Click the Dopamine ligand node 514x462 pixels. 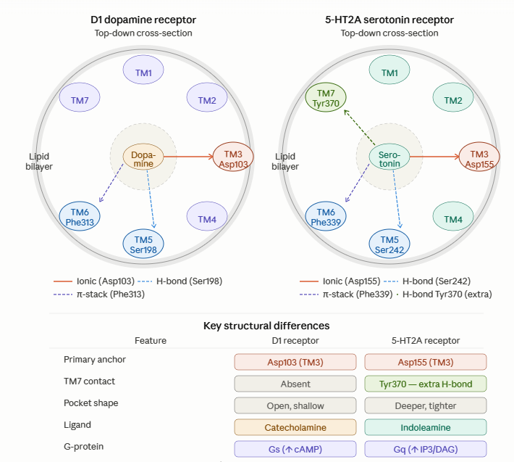click(143, 158)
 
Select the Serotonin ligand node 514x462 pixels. click(389, 158)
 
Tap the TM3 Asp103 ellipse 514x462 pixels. click(233, 158)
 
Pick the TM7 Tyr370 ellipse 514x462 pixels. click(326, 97)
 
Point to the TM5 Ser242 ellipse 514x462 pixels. click(389, 244)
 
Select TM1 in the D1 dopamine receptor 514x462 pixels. click(143, 73)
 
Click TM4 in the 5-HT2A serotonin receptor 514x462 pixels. click(453, 219)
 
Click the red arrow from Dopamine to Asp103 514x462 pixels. click(188, 156)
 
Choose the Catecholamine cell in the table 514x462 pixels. click(295, 427)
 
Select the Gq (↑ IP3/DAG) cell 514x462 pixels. click(426, 449)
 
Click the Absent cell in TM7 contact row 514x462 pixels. click(295, 384)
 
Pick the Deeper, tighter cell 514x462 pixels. click(426, 405)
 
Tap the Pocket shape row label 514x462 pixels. click(90, 403)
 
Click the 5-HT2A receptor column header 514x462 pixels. click(426, 340)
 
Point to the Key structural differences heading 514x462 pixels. click(266, 326)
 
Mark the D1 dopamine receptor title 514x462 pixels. click(143, 20)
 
